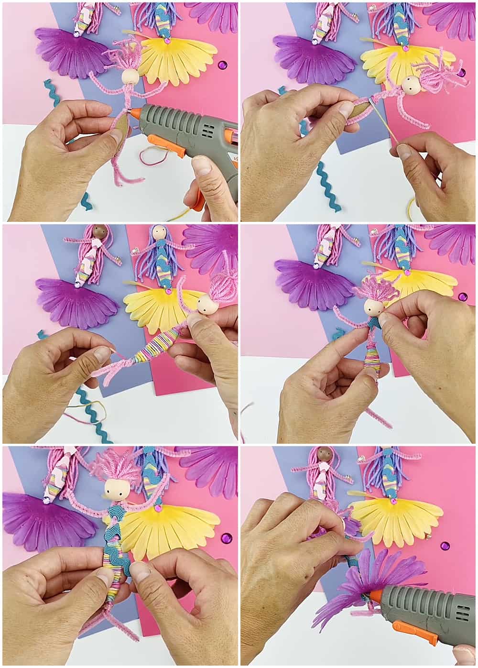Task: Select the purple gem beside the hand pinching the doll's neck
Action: coord(462,296)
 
